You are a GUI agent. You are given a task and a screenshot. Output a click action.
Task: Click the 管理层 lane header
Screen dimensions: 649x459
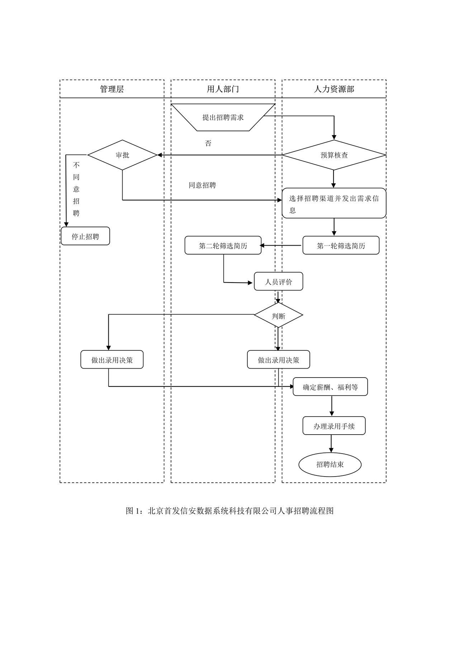(x=112, y=89)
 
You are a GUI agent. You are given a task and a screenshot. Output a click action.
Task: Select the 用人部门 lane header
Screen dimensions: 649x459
(x=223, y=89)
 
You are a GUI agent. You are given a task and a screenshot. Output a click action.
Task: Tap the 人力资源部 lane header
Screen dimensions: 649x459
(x=334, y=89)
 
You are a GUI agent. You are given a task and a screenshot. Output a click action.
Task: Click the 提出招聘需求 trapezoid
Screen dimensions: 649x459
(x=223, y=117)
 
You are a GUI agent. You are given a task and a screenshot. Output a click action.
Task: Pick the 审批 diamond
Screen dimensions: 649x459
(x=123, y=155)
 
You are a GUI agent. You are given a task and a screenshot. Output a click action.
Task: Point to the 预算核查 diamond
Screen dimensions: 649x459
(x=334, y=155)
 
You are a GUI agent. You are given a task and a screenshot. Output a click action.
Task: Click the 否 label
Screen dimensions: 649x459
(x=208, y=143)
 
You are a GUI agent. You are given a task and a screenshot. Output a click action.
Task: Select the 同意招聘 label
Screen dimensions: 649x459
(x=202, y=185)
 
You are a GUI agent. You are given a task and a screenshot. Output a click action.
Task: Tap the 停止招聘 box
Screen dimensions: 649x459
(x=85, y=236)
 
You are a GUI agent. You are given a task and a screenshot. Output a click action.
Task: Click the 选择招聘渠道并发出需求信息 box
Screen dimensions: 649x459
(x=334, y=203)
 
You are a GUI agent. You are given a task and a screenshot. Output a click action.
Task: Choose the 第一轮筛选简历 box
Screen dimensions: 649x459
(x=341, y=246)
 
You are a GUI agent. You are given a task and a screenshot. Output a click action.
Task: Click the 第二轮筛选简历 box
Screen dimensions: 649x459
(x=223, y=246)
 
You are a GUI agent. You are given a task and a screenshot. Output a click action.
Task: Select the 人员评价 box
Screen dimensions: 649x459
(x=278, y=282)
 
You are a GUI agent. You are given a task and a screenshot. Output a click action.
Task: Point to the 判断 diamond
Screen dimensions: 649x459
(x=278, y=316)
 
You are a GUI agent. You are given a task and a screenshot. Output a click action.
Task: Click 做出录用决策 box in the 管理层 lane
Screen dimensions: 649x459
(x=112, y=360)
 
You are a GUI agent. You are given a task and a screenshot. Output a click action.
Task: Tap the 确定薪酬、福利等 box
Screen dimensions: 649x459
(x=330, y=387)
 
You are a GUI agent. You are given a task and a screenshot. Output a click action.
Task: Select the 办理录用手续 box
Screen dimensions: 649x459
(x=334, y=426)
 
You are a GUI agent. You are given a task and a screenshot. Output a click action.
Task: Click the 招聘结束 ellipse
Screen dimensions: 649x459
(x=330, y=465)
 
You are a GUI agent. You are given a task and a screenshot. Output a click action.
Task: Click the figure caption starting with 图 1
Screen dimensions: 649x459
(x=229, y=511)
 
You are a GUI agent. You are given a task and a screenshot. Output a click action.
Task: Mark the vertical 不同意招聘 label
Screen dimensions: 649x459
(x=76, y=189)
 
